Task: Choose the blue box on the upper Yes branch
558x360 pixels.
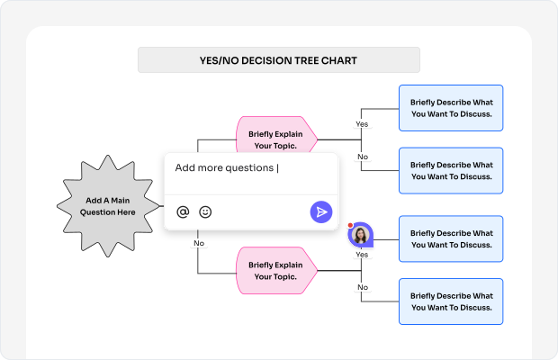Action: (x=451, y=108)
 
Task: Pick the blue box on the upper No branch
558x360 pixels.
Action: (x=451, y=171)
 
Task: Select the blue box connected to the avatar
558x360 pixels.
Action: (x=451, y=238)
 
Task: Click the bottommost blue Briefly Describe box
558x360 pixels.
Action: (x=451, y=301)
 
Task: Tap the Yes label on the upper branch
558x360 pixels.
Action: (x=362, y=123)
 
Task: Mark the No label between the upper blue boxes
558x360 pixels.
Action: (x=363, y=157)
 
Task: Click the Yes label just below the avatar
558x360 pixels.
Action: (x=362, y=255)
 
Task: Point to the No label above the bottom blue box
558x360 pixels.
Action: (x=363, y=287)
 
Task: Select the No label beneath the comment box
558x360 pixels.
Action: (x=199, y=243)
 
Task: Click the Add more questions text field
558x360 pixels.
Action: (x=243, y=168)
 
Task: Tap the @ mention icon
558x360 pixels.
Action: (x=183, y=211)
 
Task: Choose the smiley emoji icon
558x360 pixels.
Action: (x=205, y=211)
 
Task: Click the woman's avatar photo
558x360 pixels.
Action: (x=361, y=236)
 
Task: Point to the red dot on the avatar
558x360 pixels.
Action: (x=350, y=225)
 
